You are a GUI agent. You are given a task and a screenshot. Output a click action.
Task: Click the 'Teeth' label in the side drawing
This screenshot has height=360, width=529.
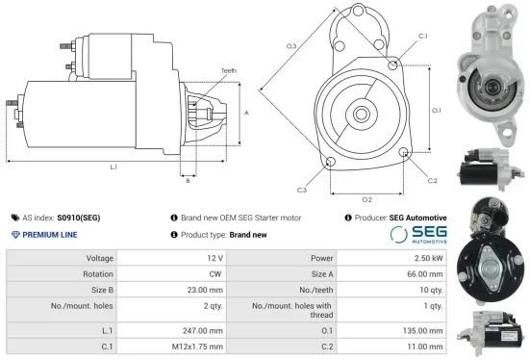point(228,70)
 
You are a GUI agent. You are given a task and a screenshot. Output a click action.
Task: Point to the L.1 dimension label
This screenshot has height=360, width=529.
point(113,167)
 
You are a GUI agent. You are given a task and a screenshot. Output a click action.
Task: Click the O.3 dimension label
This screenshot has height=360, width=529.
point(290,46)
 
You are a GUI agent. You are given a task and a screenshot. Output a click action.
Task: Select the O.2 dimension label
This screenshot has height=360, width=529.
point(367,199)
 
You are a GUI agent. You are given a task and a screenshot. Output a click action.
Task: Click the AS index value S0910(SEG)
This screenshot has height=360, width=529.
point(78,219)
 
